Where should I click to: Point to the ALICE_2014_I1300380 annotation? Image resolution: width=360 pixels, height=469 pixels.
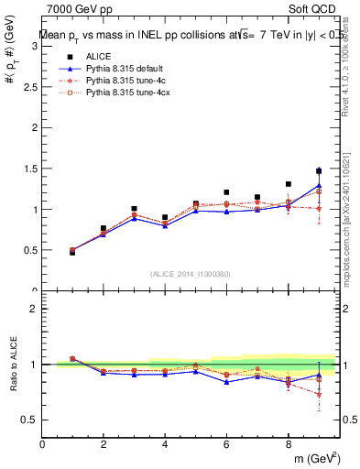(x=191, y=274)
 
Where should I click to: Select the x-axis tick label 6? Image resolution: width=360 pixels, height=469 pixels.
(x=226, y=445)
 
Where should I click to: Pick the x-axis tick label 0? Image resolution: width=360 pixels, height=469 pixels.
(x=43, y=445)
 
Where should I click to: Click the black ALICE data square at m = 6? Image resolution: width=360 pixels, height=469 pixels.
(x=226, y=192)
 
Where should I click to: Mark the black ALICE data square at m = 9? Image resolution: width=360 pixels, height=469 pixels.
(x=319, y=171)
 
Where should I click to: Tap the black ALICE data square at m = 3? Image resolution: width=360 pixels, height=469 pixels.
(x=134, y=209)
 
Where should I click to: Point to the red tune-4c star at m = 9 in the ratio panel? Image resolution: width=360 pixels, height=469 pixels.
(x=319, y=394)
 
